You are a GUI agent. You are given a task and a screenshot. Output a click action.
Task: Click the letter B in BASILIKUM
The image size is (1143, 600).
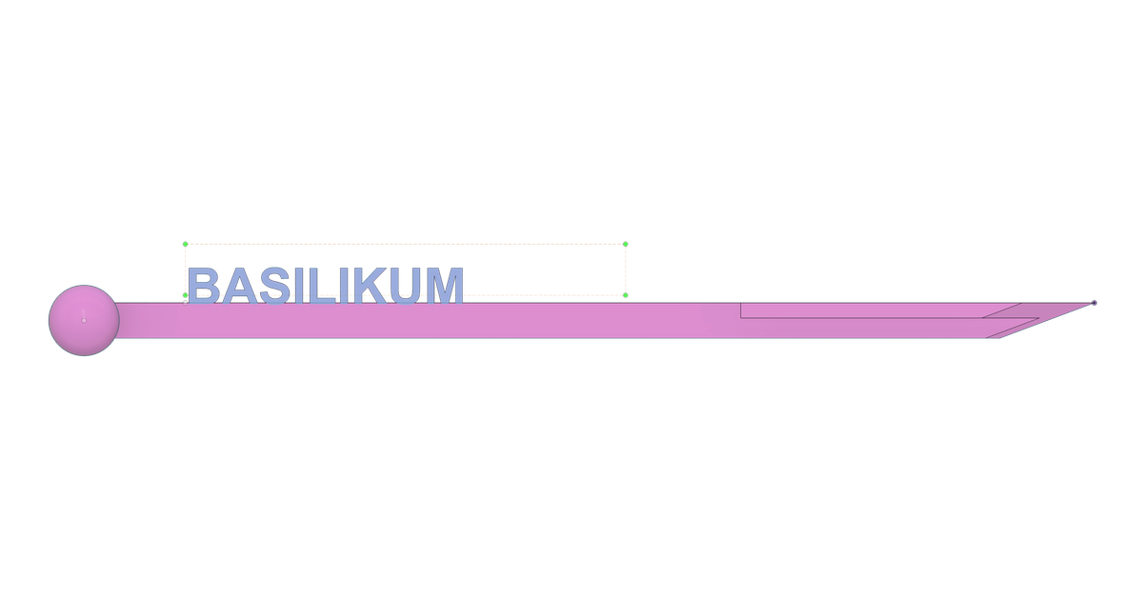coord(204,285)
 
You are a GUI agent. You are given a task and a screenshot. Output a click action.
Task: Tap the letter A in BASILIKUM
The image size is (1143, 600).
coord(239,285)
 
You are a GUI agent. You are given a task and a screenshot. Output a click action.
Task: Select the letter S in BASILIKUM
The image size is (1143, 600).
coord(274,285)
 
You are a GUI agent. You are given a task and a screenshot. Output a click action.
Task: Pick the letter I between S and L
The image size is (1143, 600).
coord(299,285)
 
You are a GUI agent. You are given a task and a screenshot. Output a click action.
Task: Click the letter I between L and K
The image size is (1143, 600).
coord(345,285)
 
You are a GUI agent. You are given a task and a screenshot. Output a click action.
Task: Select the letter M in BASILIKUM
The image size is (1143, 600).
coord(445,285)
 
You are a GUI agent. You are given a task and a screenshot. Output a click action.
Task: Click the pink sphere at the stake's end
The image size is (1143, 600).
coord(84,320)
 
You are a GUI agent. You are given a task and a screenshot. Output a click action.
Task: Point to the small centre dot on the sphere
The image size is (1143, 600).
coord(84,320)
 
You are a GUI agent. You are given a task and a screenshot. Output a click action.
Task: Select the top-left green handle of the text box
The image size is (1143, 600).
coord(185,245)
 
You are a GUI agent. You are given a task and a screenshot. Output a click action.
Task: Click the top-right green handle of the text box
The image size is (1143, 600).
coord(626,245)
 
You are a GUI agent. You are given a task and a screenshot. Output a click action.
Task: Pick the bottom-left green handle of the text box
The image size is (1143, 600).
coord(185,295)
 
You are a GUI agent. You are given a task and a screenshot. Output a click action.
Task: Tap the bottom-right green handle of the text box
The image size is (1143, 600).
coord(626,295)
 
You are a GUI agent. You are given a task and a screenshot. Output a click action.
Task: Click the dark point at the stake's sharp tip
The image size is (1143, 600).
coord(1094,303)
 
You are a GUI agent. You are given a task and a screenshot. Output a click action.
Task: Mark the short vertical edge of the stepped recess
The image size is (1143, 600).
coord(741,310)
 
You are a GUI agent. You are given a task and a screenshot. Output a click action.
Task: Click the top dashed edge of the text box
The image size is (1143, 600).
coord(405,245)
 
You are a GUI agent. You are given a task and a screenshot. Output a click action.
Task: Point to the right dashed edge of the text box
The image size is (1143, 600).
coord(626,270)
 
